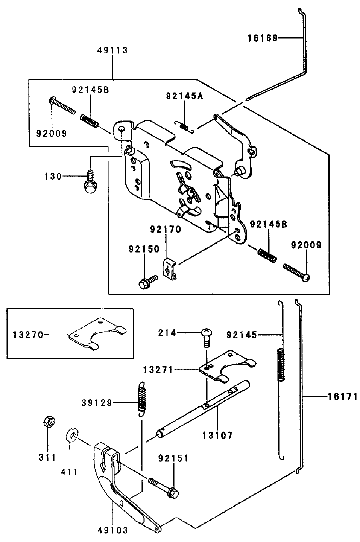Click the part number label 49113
112,50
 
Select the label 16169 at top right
262,38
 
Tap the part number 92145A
184,96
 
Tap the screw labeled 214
206,337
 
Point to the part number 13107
217,436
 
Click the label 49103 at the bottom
113,530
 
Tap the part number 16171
342,396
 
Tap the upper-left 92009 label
51,133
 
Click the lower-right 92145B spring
267,254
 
